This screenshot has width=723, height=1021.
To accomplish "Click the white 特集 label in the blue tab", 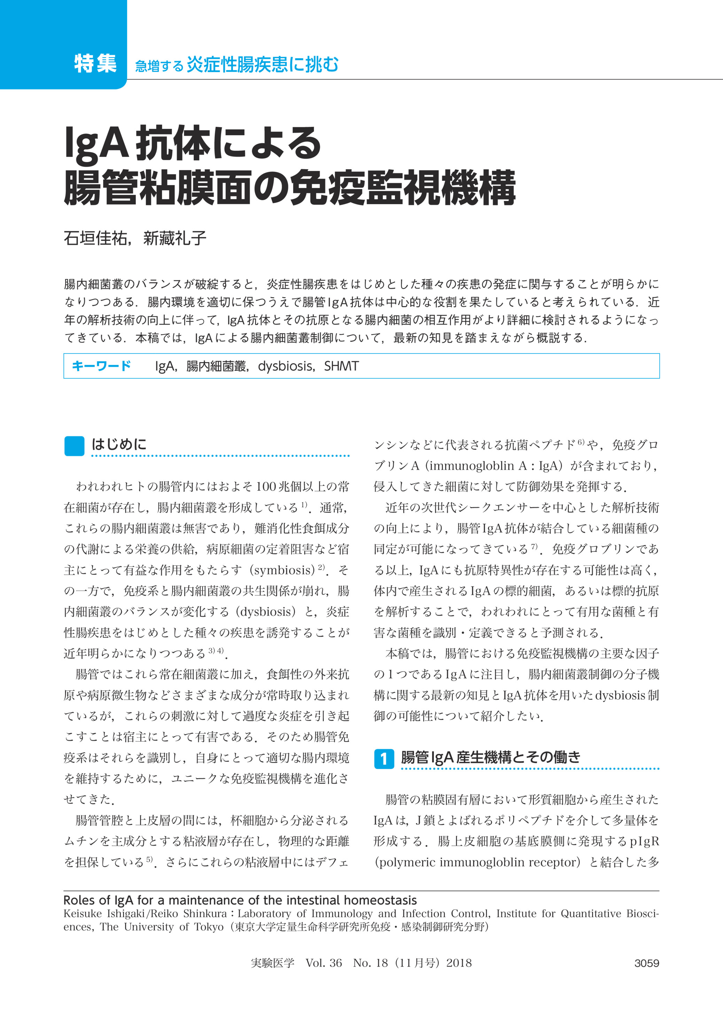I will coord(95,63).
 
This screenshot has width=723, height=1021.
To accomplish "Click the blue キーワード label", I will coord(101,366).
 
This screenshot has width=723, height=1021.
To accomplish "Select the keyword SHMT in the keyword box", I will coord(341,366).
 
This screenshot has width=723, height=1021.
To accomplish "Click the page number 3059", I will coord(646,963).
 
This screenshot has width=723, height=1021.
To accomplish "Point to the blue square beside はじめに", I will coord(74,446).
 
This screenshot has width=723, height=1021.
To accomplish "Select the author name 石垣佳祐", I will coord(95,238).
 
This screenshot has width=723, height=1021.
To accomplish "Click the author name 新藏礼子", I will coord(174,238).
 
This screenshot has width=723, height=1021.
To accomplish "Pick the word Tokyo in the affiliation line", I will coord(209,927).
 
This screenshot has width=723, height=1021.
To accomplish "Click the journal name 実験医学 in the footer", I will coord(272,963).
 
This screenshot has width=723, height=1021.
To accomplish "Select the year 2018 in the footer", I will coord(459,963).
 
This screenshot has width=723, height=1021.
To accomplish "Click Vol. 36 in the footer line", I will coord(324,963).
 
